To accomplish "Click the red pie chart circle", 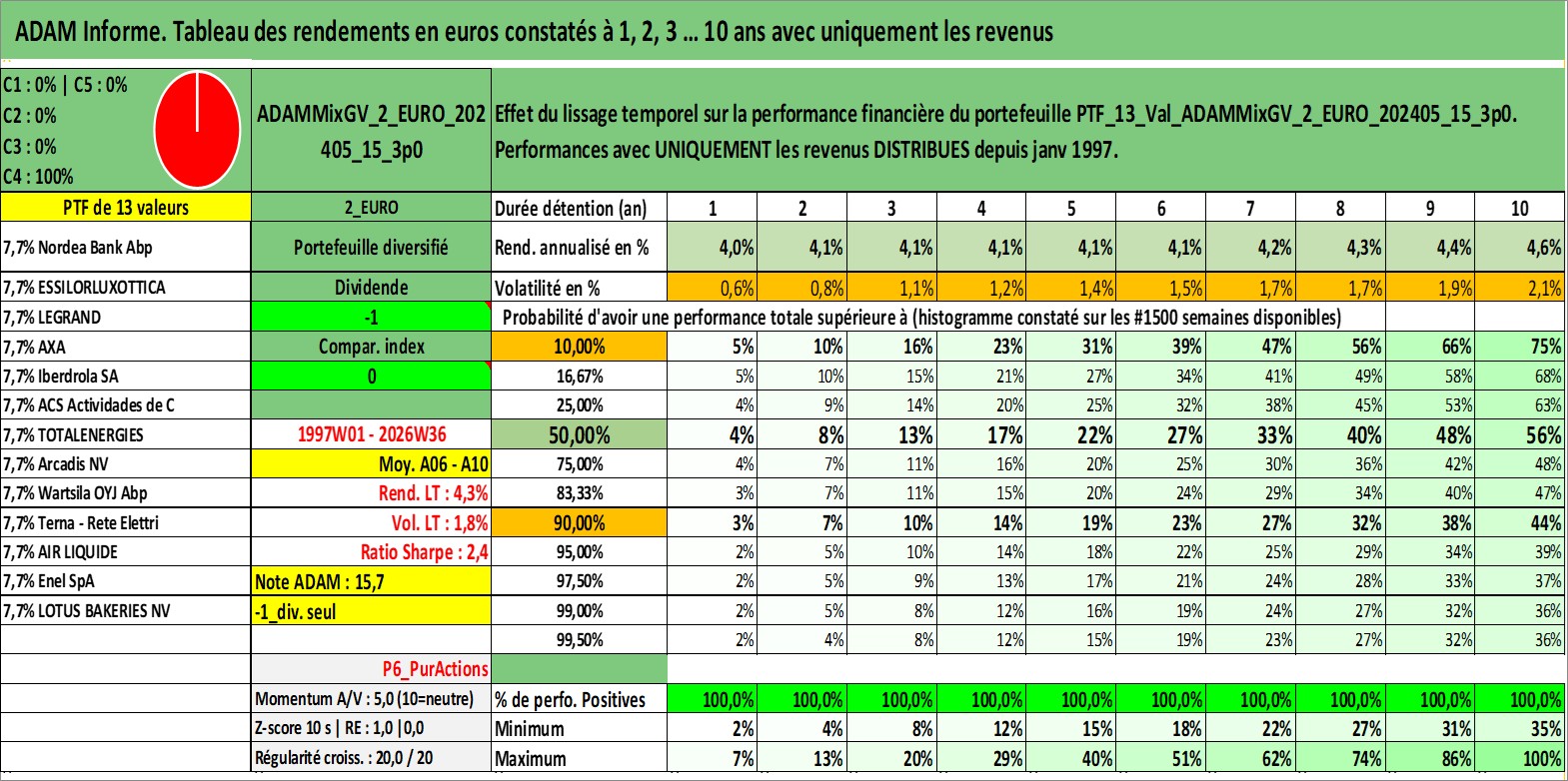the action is click(197, 130).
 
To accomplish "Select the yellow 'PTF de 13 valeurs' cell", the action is click(125, 207).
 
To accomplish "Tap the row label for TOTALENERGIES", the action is click(74, 434).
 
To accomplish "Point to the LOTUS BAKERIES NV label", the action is click(86, 611).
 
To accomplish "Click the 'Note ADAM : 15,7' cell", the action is click(371, 581).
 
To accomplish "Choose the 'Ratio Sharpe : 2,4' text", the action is click(424, 552).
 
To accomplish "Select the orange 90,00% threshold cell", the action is click(579, 522).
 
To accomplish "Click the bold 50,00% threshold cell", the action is click(579, 434).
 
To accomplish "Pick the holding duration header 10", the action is click(1519, 208).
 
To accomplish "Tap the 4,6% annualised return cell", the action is click(1519, 247).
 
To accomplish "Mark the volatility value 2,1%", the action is click(1519, 288).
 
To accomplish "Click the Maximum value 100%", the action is click(1519, 758).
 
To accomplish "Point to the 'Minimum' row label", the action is click(530, 728).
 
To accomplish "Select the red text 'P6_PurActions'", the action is click(435, 669).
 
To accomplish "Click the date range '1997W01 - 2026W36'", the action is click(372, 434).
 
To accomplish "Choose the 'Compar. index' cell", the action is click(371, 347).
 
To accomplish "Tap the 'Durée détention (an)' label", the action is click(571, 209).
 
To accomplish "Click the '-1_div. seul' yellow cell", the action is click(371, 611).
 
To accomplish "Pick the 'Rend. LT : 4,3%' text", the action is click(434, 493).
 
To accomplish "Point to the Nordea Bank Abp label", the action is click(78, 247).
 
